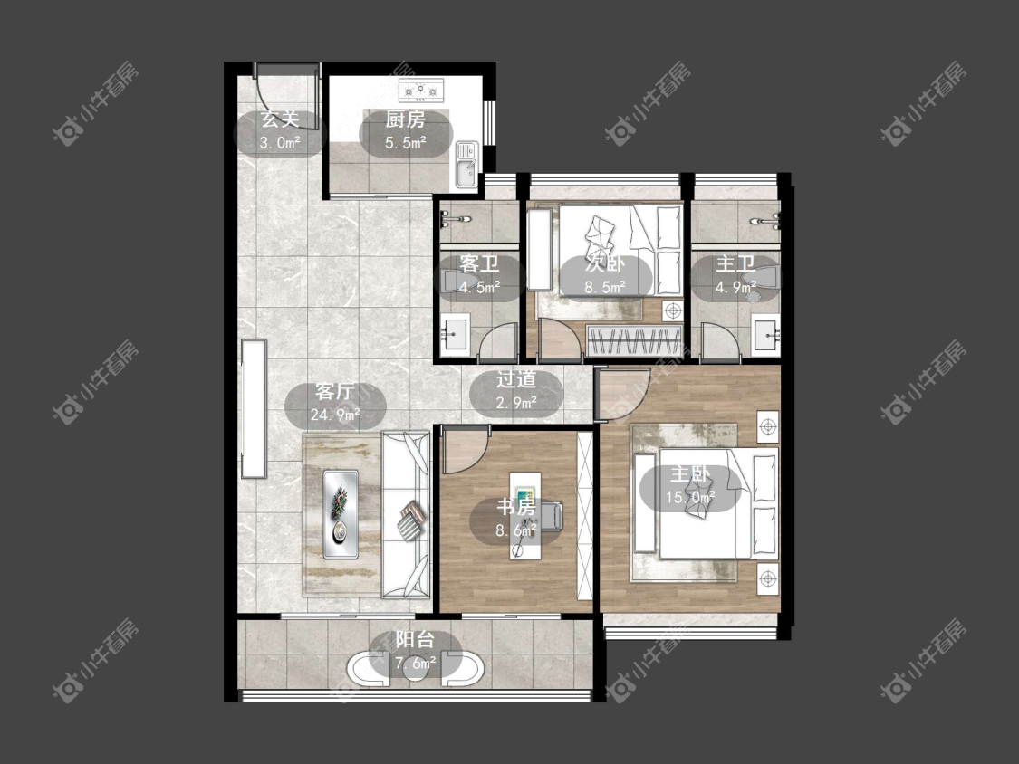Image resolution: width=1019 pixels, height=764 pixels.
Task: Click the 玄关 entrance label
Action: (280, 119)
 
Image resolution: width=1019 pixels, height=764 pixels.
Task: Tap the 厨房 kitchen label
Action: (405, 119)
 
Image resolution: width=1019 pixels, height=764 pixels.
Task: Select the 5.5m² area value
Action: (406, 142)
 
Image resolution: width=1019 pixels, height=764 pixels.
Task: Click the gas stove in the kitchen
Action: (420, 90)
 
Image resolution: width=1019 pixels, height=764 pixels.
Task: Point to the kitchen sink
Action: (466, 165)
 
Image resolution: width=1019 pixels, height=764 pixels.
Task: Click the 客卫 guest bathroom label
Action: (479, 263)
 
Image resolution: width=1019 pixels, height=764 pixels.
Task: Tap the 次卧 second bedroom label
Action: (605, 263)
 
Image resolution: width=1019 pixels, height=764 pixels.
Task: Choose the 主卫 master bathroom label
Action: (735, 263)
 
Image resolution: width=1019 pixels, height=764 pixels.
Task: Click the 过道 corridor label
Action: (516, 379)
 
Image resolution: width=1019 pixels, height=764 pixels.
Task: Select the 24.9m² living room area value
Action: (335, 415)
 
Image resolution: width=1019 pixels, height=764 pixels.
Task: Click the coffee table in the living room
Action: (341, 514)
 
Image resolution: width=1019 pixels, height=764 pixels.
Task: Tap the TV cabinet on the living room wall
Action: (255, 408)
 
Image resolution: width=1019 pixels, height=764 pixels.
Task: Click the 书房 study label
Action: (516, 507)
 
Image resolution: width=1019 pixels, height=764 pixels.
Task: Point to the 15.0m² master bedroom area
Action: (690, 498)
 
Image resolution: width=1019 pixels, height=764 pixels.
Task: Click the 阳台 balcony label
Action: (415, 640)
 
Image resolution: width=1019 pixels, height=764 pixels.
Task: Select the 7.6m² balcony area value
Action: (415, 664)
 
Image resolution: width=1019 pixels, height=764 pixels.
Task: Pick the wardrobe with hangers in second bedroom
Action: (634, 341)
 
